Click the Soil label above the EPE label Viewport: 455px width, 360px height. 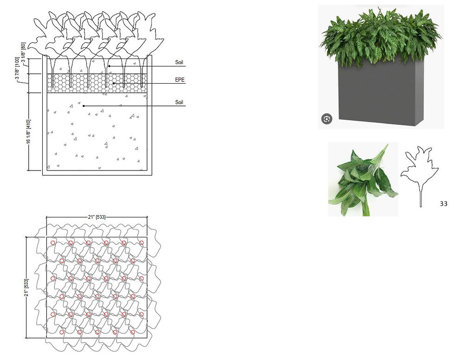[179, 62]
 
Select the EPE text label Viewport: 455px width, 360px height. [180, 79]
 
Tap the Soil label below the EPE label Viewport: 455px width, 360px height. [179, 102]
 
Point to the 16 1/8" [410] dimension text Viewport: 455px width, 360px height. [28, 131]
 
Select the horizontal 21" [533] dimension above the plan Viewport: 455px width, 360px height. [97, 217]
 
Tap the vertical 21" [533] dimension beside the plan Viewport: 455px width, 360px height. [26, 288]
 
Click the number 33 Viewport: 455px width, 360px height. [443, 204]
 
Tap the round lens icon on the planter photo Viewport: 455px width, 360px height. [327, 119]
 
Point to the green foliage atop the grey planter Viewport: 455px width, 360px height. [380, 38]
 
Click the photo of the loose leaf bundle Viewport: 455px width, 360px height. [363, 179]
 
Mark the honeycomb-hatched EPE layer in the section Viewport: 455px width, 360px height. [97, 83]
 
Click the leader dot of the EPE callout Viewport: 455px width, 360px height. [114, 84]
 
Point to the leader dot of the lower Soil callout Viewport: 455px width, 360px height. [84, 106]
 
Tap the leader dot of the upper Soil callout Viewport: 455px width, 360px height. [109, 66]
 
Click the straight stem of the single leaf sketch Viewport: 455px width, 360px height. [421, 199]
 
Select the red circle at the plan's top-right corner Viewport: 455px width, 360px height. [141, 242]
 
